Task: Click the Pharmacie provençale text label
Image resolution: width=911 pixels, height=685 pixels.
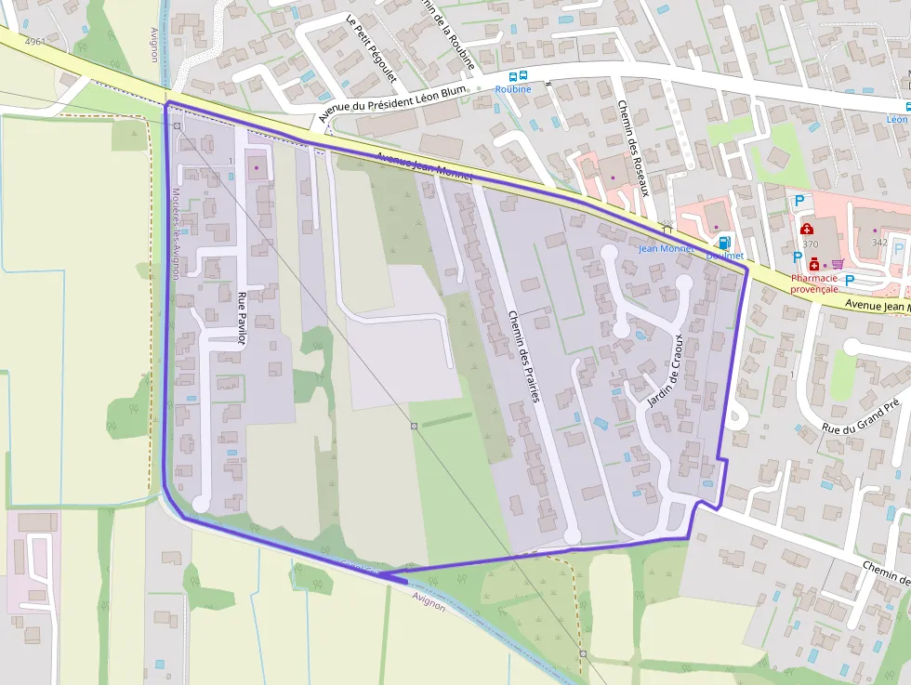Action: tap(814, 283)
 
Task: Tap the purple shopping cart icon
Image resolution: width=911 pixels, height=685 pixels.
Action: tap(838, 264)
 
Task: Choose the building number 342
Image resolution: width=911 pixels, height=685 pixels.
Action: tap(879, 243)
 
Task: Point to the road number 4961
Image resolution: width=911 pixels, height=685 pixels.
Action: tap(35, 42)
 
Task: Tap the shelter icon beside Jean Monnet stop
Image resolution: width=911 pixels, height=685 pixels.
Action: tap(667, 227)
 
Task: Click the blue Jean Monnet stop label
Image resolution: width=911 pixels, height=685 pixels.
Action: tap(667, 249)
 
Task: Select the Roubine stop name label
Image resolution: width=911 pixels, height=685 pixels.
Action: tap(513, 89)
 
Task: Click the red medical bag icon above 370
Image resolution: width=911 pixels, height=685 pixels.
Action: tap(806, 229)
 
